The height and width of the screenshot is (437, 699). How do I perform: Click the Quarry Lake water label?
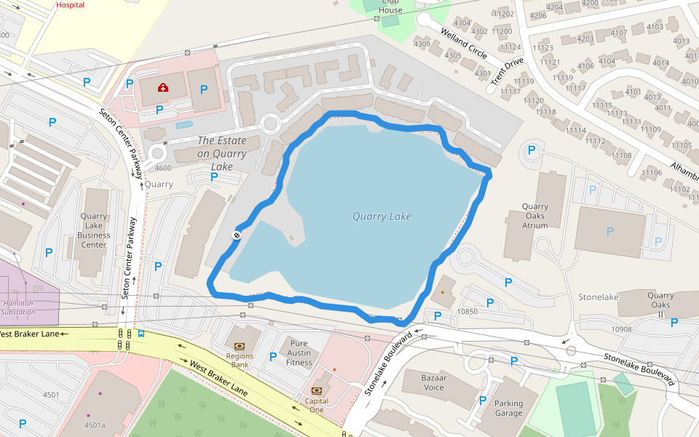tap(382, 216)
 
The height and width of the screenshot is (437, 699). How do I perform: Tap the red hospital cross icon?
tap(162, 88)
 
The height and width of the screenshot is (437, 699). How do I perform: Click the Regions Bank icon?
tap(240, 346)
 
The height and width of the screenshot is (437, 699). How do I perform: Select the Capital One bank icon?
tap(317, 390)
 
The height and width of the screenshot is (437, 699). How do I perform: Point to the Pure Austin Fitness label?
tap(299, 353)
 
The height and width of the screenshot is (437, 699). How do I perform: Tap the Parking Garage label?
tap(508, 408)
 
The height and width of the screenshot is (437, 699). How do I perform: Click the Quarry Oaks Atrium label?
tap(535, 216)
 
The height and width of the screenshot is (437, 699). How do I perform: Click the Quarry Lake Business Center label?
tap(94, 230)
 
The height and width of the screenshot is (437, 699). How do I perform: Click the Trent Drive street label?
tap(507, 71)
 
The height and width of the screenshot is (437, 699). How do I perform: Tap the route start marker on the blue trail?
tap(237, 235)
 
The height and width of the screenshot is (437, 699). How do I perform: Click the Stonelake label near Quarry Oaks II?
tap(598, 297)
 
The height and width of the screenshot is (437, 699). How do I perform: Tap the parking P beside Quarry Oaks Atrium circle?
tap(532, 151)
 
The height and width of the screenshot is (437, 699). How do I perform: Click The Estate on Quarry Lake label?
tap(222, 154)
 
